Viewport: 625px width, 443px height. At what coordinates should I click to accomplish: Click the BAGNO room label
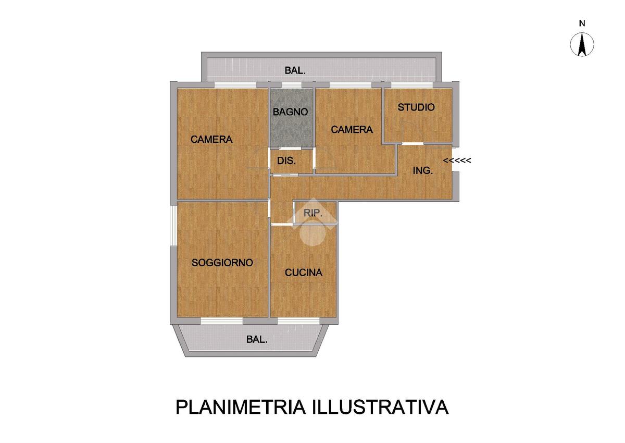[x=290, y=112]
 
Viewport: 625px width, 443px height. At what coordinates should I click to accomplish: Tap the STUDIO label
[x=416, y=107]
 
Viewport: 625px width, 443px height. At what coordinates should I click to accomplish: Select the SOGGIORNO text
[x=222, y=263]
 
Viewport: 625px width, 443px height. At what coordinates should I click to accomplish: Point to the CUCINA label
[x=303, y=273]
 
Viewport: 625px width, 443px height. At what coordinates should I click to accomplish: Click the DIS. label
[x=286, y=161]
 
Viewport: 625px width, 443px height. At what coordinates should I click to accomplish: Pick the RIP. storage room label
[x=313, y=213]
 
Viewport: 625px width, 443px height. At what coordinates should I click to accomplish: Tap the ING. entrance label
[x=423, y=170]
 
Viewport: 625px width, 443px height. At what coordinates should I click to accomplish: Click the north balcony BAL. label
[x=295, y=70]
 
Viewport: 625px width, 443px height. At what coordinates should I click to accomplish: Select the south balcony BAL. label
[x=257, y=339]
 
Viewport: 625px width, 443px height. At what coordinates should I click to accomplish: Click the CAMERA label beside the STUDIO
[x=352, y=130]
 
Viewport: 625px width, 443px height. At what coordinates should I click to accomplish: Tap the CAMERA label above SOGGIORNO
[x=211, y=139]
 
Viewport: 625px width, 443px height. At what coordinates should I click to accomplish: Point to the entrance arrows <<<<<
[x=457, y=161]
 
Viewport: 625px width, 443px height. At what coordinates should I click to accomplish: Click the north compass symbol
[x=582, y=45]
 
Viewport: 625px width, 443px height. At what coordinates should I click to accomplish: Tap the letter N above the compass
[x=582, y=23]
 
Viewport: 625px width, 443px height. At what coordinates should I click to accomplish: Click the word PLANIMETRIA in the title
[x=241, y=407]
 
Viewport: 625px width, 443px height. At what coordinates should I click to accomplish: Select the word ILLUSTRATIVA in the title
[x=380, y=407]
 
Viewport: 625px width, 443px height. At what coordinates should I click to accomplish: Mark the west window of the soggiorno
[x=173, y=226]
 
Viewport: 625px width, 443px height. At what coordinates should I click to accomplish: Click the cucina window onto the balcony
[x=298, y=321]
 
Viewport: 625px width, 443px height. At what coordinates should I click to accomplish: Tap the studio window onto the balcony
[x=412, y=85]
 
